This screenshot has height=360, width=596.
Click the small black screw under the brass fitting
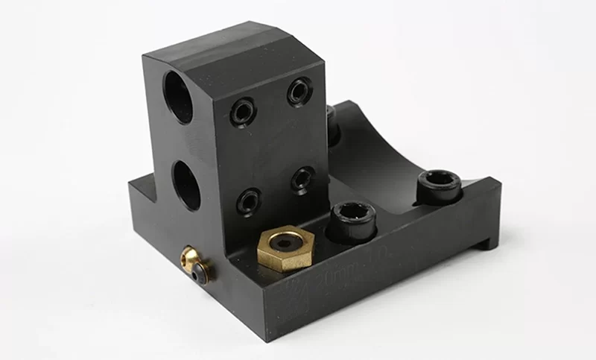pyautogui.click(x=198, y=277)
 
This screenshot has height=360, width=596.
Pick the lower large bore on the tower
pyautogui.click(x=186, y=185)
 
